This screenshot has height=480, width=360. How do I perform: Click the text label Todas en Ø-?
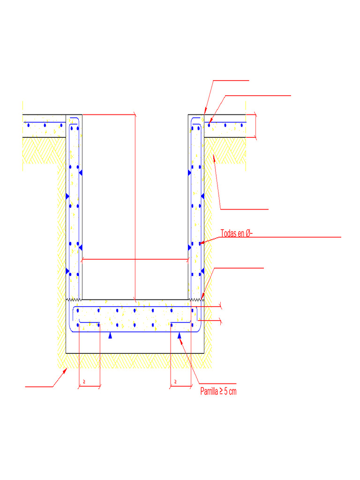(x=237, y=233)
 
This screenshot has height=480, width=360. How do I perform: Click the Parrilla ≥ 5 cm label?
(x=218, y=391)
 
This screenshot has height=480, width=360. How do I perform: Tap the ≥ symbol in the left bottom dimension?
(x=84, y=382)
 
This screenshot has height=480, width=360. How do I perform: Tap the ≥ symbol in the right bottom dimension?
(x=175, y=382)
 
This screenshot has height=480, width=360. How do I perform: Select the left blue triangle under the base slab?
(x=110, y=335)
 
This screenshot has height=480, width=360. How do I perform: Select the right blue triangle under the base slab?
(x=180, y=335)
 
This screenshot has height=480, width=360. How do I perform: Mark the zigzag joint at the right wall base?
(x=196, y=299)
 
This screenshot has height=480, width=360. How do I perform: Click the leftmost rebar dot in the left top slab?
(x=29, y=125)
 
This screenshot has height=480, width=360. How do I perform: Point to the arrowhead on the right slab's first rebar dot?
(x=210, y=123)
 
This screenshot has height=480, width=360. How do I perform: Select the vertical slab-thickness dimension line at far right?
(x=255, y=126)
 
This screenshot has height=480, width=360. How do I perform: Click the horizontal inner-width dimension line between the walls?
(x=135, y=259)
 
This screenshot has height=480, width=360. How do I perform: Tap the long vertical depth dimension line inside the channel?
(x=135, y=206)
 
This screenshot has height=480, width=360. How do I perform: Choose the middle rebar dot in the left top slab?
(x=45, y=125)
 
